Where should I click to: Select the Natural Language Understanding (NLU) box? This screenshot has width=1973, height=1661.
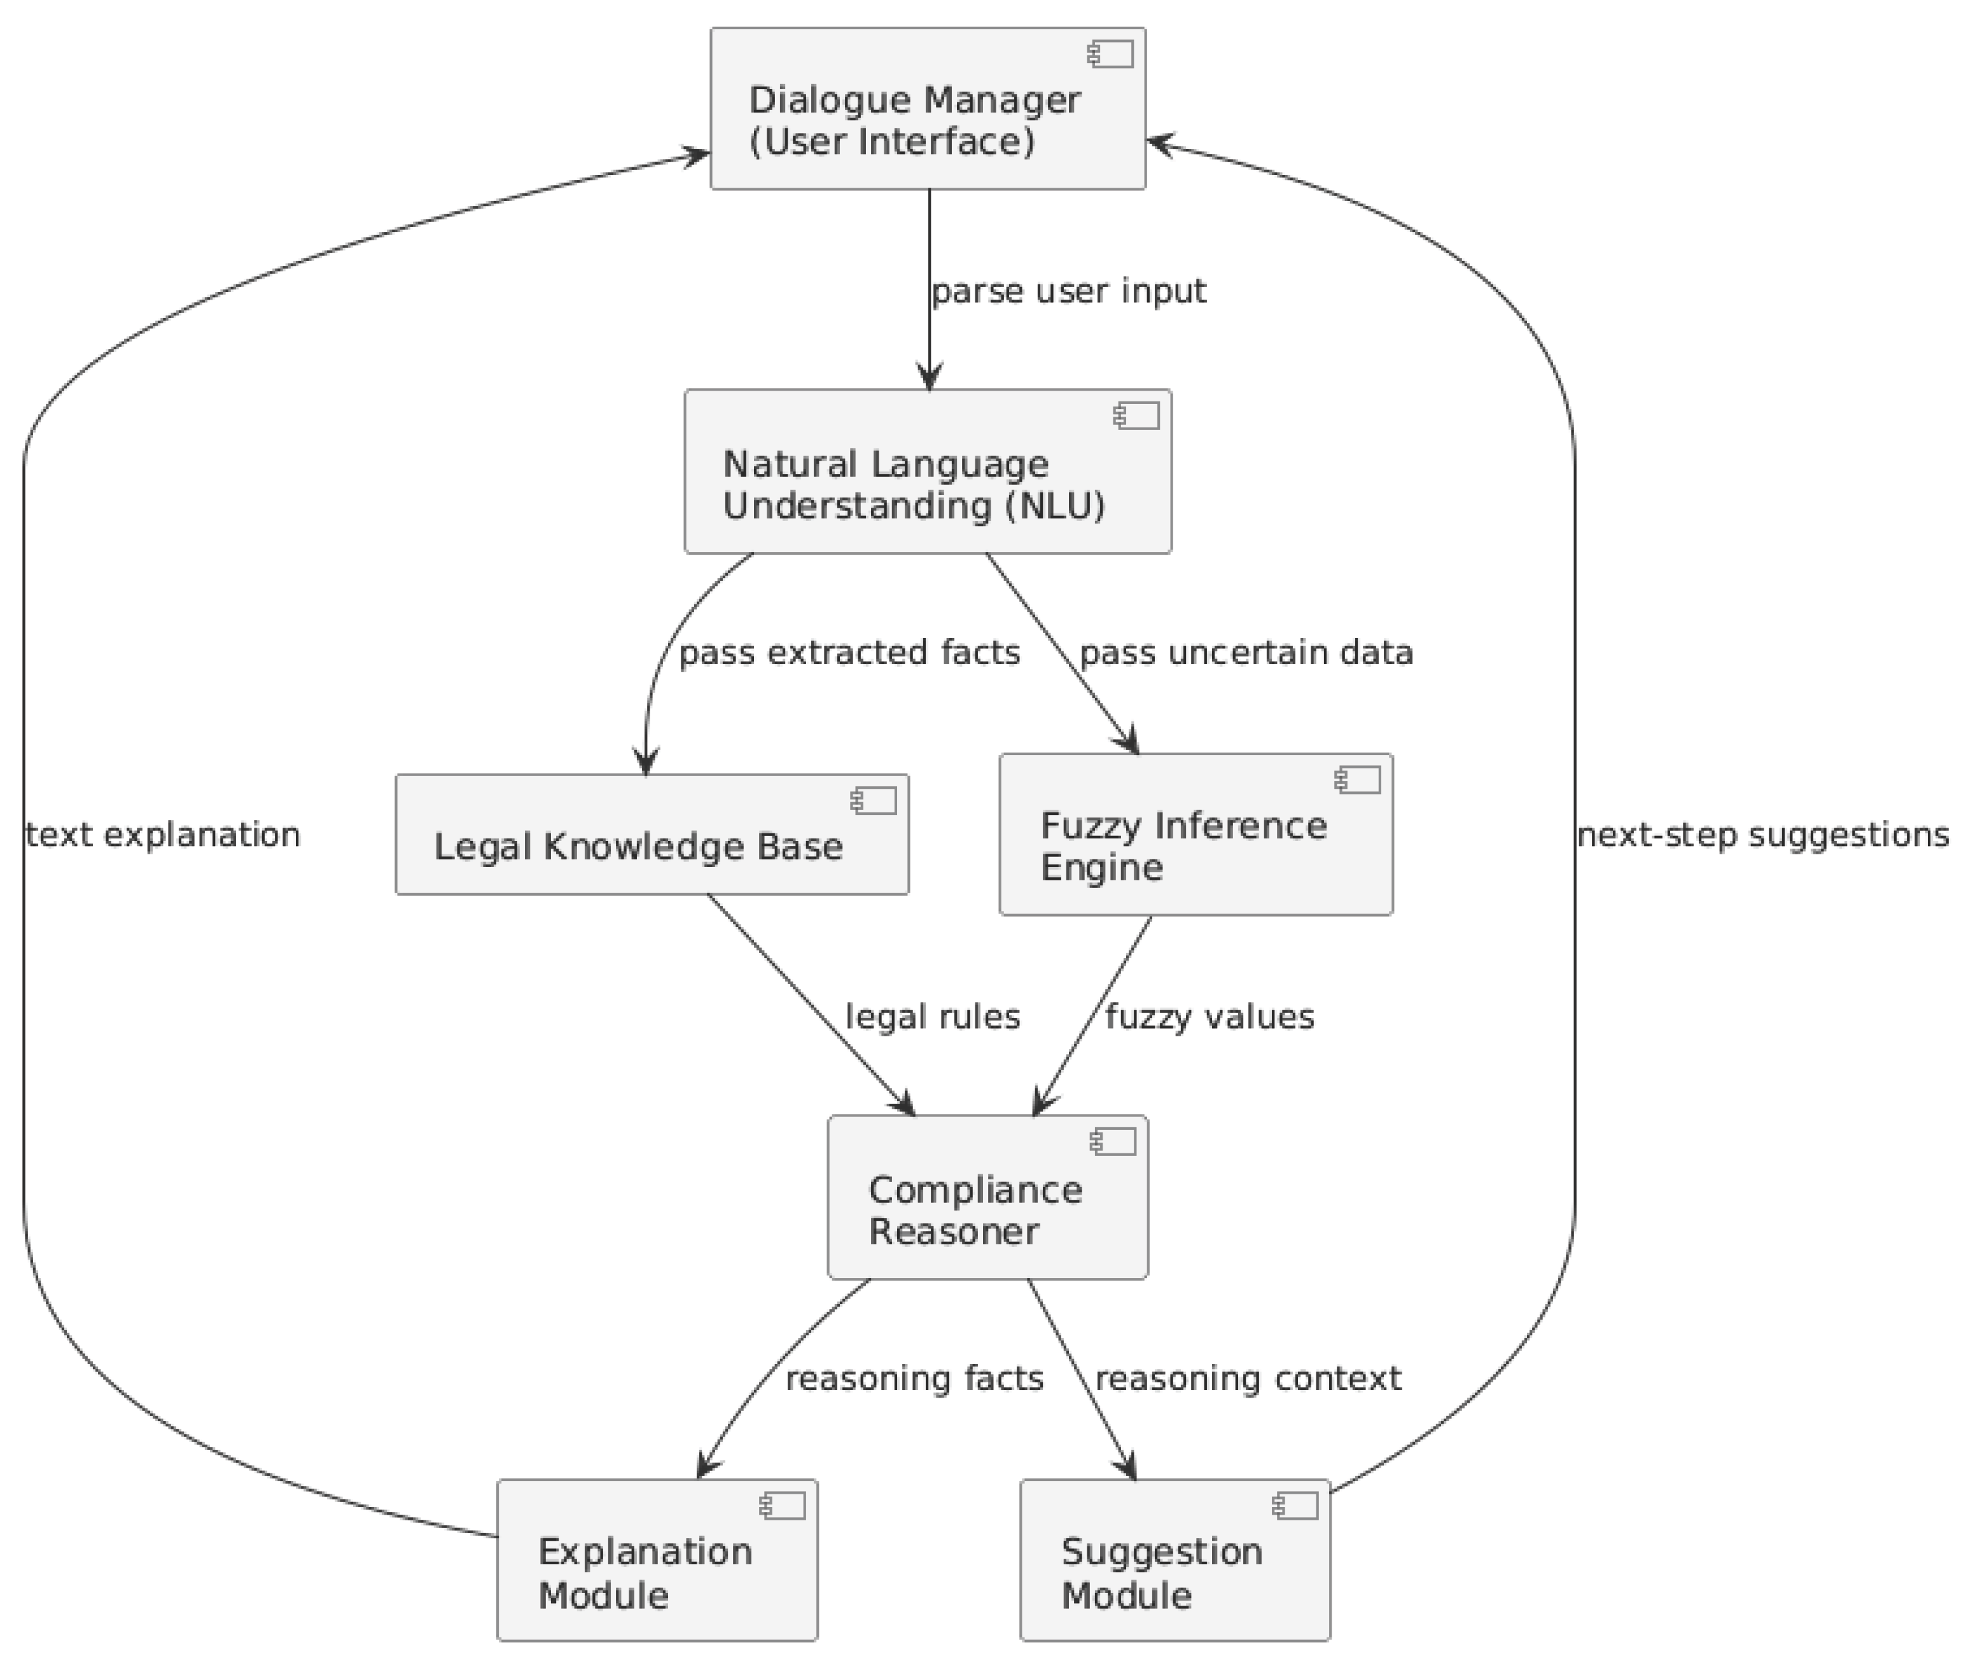click(x=927, y=471)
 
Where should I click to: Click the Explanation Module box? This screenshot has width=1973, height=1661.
click(x=657, y=1560)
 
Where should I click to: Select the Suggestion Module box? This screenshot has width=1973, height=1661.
click(x=1175, y=1560)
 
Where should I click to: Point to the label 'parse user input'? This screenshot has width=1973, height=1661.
click(x=1068, y=292)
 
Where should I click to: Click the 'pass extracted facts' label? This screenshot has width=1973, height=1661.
click(x=849, y=653)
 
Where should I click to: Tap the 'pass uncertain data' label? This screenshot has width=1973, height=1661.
click(x=1245, y=653)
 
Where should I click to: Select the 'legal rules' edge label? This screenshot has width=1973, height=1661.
click(x=932, y=1017)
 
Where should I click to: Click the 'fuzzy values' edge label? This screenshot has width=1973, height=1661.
click(x=1210, y=1017)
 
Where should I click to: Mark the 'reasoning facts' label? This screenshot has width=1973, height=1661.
click(x=914, y=1379)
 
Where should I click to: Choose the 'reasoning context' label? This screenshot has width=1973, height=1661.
click(x=1247, y=1379)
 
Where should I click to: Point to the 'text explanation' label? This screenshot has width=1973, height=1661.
click(x=163, y=835)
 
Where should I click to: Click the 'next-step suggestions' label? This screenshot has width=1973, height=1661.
click(x=1762, y=835)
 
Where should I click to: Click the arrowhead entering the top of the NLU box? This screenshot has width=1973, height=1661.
click(x=930, y=379)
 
